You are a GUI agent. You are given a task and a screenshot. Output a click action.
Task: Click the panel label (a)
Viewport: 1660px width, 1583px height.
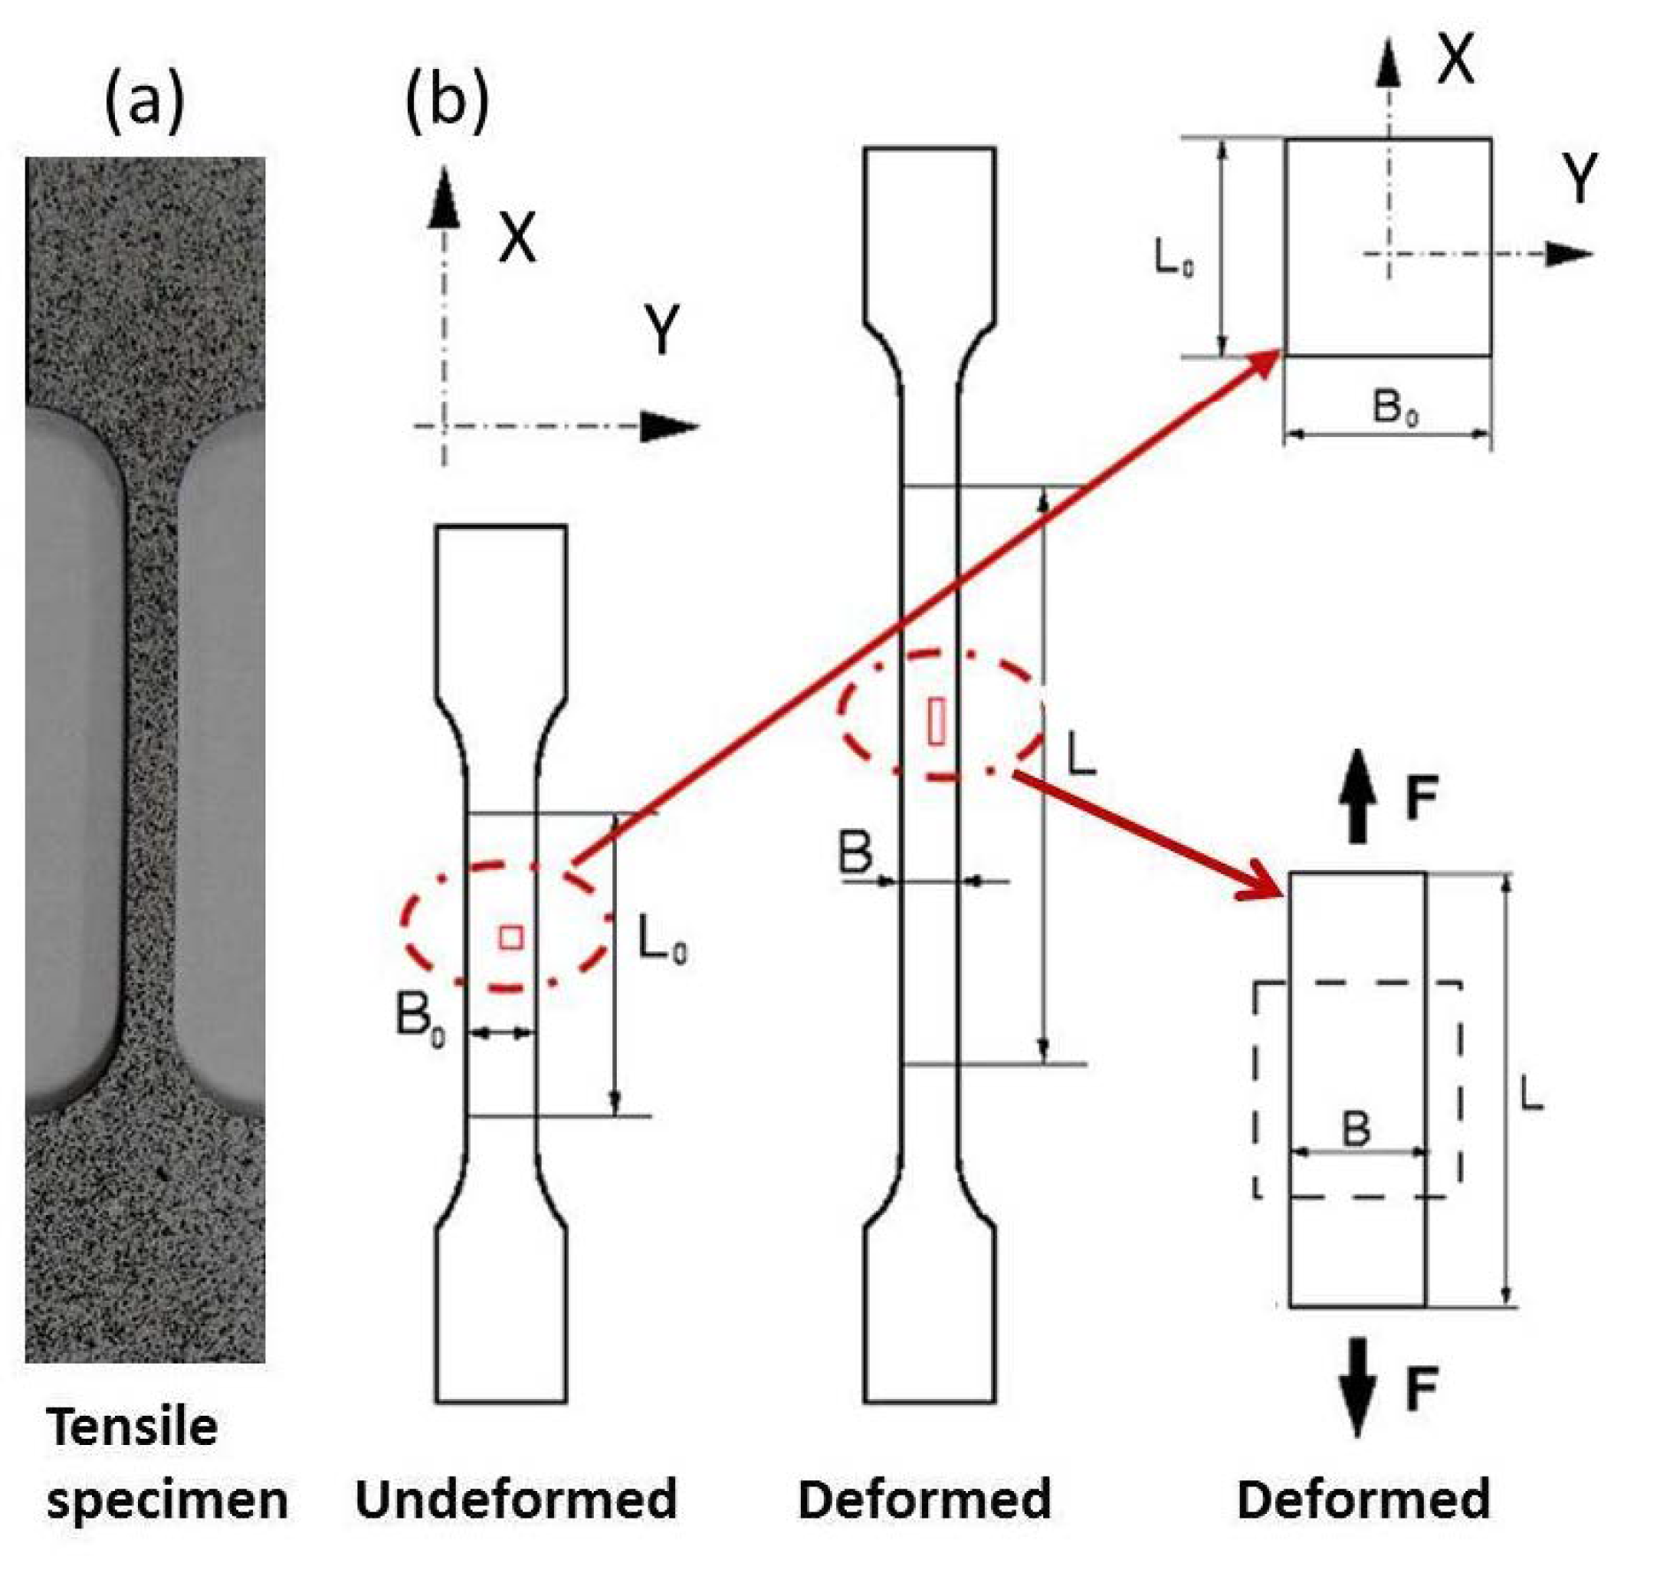(x=144, y=101)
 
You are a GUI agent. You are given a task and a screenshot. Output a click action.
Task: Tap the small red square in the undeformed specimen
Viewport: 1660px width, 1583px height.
(x=511, y=937)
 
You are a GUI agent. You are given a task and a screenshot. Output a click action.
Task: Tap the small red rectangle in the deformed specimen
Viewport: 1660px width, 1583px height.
(x=936, y=721)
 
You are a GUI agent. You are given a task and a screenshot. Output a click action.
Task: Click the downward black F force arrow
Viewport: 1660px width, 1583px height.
(x=1358, y=1386)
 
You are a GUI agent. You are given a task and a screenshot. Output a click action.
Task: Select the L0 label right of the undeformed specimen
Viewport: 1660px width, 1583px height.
(x=662, y=940)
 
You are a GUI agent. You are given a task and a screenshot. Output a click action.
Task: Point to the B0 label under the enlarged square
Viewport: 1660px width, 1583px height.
(x=1395, y=408)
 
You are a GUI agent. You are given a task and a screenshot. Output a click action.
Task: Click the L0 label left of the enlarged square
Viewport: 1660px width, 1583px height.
(x=1173, y=258)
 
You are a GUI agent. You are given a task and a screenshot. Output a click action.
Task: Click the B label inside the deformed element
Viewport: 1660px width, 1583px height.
(x=1356, y=1128)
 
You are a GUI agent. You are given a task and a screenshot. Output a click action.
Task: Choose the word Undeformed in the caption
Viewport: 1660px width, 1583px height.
(x=516, y=1499)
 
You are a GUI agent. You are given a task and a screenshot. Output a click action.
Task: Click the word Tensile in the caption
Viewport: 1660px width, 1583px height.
(x=133, y=1427)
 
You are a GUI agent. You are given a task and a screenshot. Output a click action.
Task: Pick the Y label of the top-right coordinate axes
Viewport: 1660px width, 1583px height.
(x=1580, y=178)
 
